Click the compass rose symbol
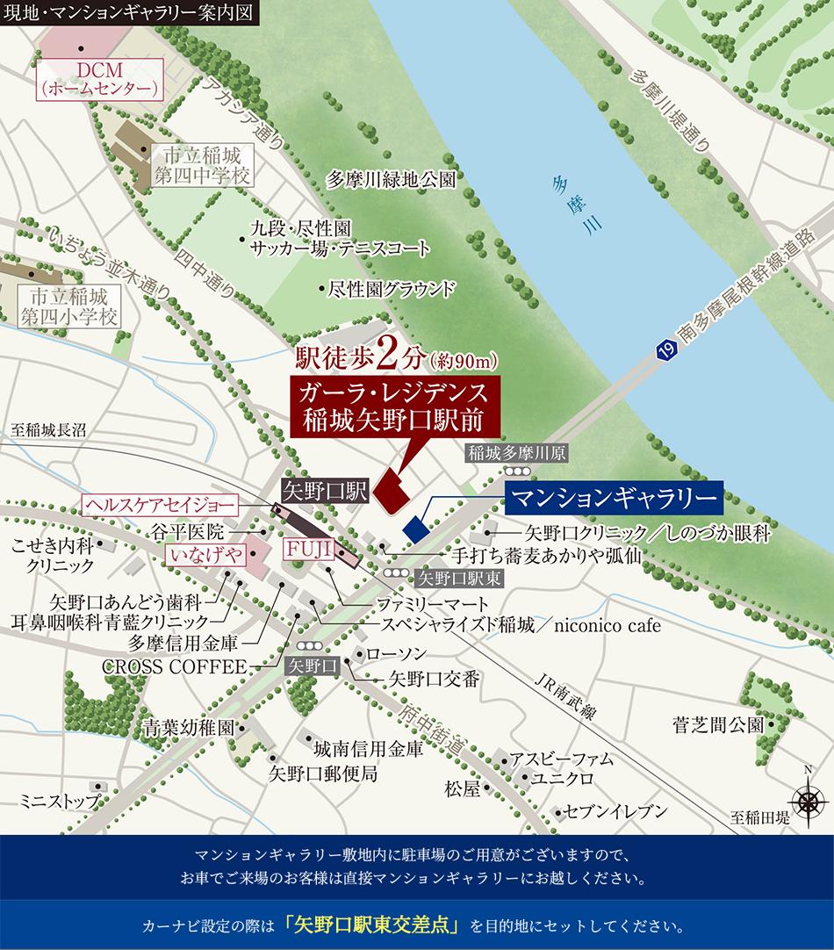pos(805,800)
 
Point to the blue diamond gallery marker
pos(414,529)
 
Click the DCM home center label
pos(98,78)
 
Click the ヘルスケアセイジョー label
pos(160,505)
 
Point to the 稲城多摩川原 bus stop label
pos(518,453)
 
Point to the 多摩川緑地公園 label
pos(391,181)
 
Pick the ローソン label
pos(395,654)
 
